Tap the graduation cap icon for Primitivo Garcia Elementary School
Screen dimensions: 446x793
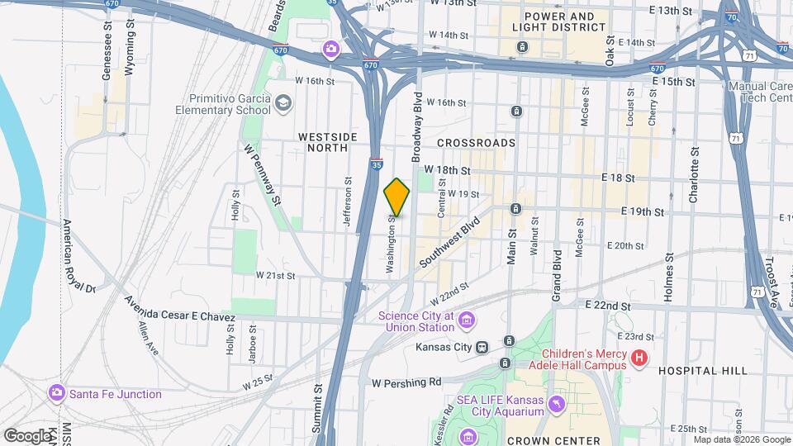click(x=283, y=103)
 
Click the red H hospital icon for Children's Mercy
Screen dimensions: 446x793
click(x=639, y=358)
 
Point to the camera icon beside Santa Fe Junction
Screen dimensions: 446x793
click(x=56, y=394)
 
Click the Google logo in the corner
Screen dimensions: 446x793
click(x=27, y=435)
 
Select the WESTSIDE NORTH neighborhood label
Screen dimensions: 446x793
click(x=328, y=142)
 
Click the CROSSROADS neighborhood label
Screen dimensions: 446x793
click(x=482, y=143)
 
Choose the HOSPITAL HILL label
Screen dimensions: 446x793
click(x=703, y=372)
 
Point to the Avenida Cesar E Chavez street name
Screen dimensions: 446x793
click(x=180, y=310)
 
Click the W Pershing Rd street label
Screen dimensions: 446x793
click(x=407, y=383)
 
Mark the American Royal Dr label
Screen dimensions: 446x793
click(x=81, y=257)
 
